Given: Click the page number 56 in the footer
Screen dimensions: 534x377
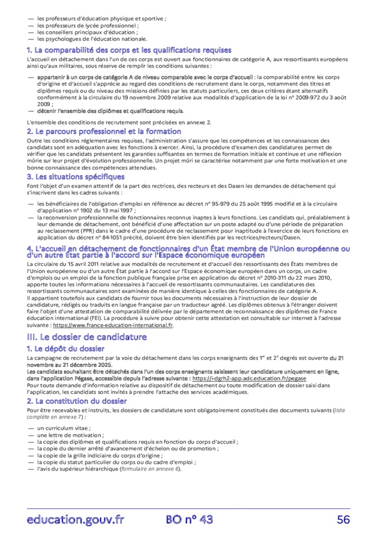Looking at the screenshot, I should [x=343, y=520].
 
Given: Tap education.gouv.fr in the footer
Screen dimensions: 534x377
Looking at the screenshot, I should [x=75, y=520].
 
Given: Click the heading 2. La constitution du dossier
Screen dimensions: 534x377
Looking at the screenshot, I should [x=76, y=401].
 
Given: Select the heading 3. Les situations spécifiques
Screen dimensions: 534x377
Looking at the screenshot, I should [x=76, y=177].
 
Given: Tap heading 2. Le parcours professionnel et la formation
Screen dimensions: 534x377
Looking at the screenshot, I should [x=104, y=132].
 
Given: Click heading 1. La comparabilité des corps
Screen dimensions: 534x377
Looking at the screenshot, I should [x=129, y=50].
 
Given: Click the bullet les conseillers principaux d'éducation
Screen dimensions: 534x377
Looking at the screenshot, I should [x=87, y=32].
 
